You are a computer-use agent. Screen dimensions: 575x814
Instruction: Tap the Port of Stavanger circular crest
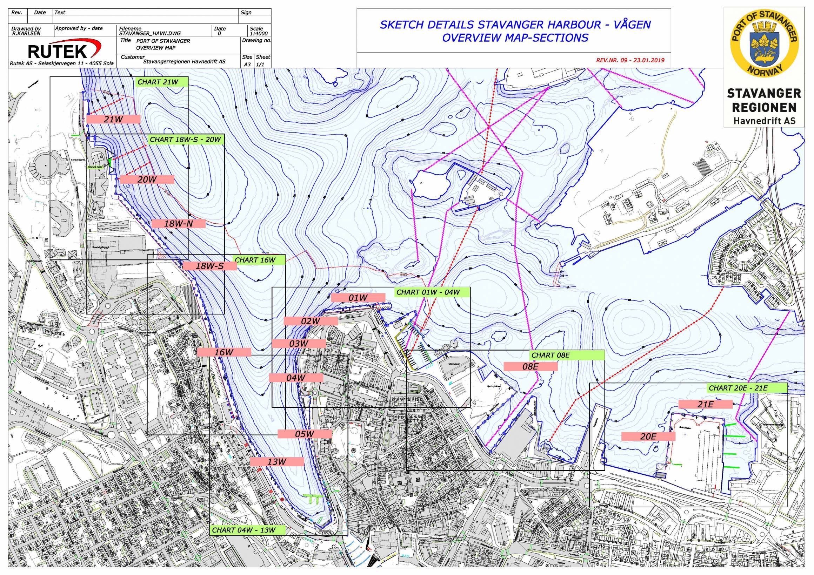[764, 43]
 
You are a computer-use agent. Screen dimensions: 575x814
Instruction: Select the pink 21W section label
[113, 119]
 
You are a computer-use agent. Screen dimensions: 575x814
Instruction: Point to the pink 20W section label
[147, 179]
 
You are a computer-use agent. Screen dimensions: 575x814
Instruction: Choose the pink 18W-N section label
[178, 224]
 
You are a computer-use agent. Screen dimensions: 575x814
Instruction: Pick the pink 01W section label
[358, 298]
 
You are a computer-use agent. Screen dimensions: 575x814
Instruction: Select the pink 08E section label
[531, 367]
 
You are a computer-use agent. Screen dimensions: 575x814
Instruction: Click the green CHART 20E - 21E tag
[738, 388]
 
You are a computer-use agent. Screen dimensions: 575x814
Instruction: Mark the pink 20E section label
[648, 437]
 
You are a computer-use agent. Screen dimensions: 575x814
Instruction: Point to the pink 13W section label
[277, 462]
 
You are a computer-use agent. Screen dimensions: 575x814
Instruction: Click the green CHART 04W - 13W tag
[243, 530]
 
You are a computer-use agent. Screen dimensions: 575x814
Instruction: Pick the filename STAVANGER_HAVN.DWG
[150, 34]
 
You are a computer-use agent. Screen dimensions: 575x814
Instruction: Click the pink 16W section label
[224, 352]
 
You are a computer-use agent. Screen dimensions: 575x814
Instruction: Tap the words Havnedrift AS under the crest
[763, 121]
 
